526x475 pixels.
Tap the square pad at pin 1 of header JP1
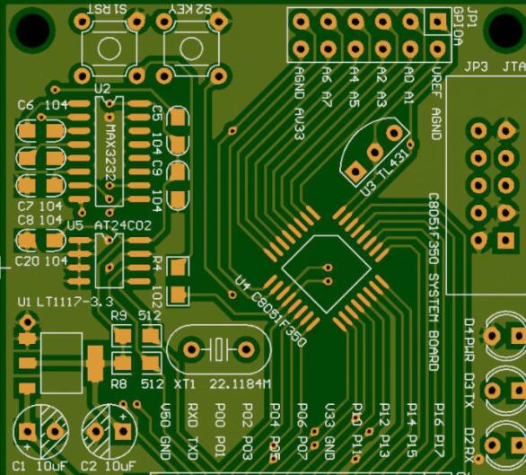click(x=438, y=22)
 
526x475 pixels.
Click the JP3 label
click(x=473, y=66)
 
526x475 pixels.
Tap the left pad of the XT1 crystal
click(x=193, y=348)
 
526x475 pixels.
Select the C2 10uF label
click(x=105, y=465)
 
